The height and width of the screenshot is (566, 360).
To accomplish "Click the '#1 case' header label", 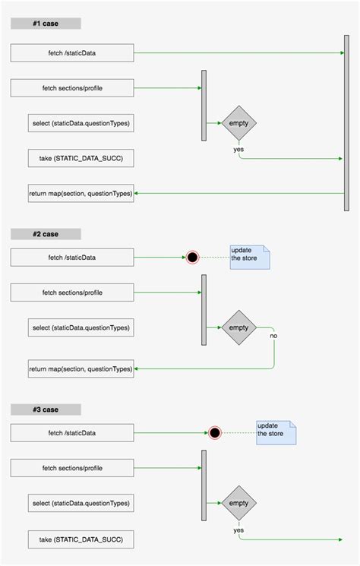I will click(46, 24).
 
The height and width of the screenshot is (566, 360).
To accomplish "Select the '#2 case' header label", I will click(46, 234).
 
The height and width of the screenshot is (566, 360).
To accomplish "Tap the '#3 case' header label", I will click(46, 409).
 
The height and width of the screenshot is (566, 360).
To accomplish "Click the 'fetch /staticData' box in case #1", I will click(72, 53).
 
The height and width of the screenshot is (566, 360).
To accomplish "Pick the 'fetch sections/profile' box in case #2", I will click(72, 292).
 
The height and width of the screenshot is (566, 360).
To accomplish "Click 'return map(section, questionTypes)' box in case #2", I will click(81, 368).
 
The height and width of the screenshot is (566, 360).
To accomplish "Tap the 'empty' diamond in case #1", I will click(238, 122).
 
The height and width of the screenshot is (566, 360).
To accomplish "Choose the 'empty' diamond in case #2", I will click(238, 327).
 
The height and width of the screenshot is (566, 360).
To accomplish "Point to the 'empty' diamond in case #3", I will click(238, 503).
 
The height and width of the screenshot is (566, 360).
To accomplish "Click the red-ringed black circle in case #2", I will click(193, 258).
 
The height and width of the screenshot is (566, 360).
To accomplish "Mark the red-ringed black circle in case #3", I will click(215, 433).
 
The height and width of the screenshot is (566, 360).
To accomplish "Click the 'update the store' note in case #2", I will click(251, 258).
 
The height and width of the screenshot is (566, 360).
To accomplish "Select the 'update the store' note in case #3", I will click(276, 432).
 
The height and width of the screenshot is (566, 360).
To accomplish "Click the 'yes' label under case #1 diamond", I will click(238, 149).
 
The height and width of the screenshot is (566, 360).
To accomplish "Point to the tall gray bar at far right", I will click(346, 122).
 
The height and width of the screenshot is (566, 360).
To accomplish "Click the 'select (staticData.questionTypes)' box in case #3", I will click(81, 503).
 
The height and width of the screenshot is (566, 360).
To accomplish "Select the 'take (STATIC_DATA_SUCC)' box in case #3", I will click(81, 539).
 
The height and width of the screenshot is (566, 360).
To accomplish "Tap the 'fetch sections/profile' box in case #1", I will click(72, 88).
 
